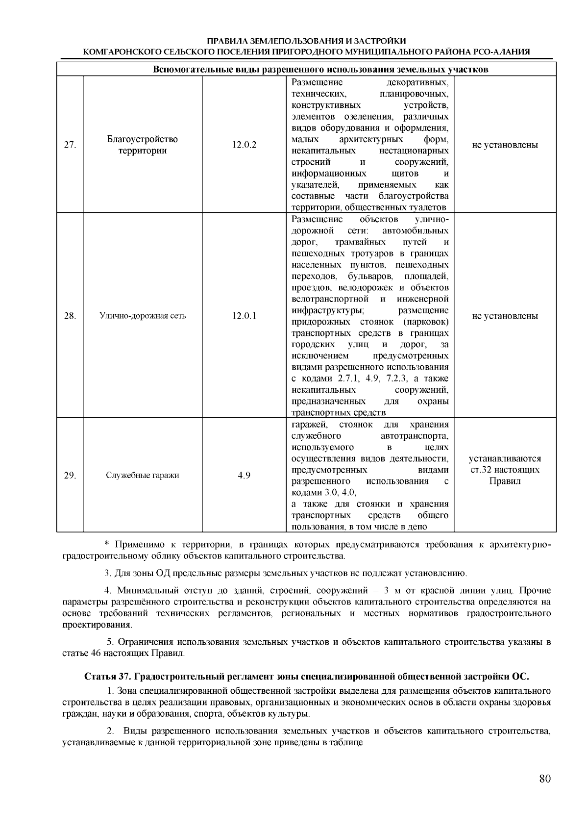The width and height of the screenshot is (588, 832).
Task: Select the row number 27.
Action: point(70,145)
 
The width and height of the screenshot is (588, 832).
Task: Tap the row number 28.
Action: point(70,316)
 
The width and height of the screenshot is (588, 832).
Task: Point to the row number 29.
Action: point(70,475)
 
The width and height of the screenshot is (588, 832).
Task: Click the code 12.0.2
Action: point(244,145)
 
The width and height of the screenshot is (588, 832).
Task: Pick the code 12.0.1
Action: point(244,316)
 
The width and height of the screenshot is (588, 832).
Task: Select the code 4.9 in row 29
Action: point(244,475)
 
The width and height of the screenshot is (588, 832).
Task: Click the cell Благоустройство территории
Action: point(142,145)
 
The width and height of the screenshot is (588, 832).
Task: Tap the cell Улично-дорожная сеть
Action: point(143,316)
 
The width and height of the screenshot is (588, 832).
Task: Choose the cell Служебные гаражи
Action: point(143,475)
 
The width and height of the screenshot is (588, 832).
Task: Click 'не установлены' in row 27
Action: point(505,145)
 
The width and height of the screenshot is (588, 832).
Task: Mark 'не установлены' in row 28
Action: point(505,316)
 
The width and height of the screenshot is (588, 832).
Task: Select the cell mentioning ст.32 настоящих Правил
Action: point(505,470)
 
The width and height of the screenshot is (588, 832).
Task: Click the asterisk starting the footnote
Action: point(106,545)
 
